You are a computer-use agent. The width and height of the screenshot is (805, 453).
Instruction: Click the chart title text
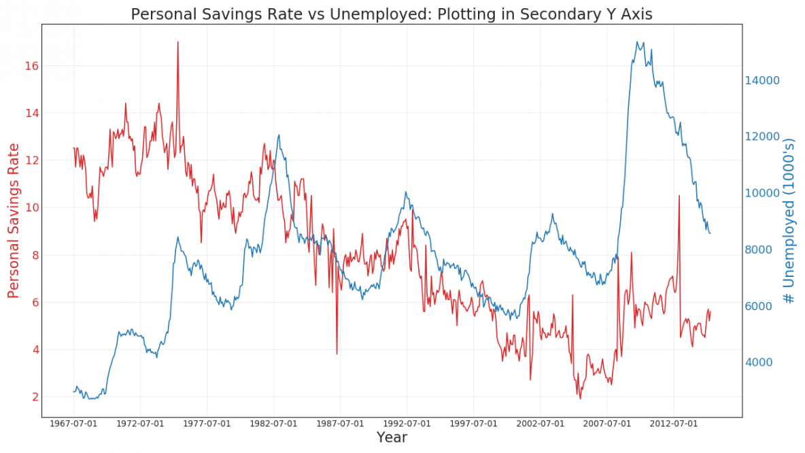(391, 14)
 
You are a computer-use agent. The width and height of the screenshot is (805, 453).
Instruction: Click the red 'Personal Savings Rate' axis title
(14, 221)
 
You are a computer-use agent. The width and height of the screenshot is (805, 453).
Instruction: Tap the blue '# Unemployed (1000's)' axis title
(789, 221)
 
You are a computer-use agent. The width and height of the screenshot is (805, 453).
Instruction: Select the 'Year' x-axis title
(392, 437)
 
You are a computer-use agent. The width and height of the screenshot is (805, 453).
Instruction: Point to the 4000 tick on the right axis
(761, 363)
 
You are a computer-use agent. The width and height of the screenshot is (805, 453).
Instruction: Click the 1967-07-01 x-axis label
(73, 424)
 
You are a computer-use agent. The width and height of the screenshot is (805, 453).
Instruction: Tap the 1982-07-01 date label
(273, 424)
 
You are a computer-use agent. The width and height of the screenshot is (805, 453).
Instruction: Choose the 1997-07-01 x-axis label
(474, 424)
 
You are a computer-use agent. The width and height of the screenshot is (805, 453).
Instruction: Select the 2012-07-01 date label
(674, 424)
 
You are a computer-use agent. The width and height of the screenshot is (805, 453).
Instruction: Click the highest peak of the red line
(178, 42)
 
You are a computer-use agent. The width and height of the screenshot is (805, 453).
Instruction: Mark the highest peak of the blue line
(637, 41)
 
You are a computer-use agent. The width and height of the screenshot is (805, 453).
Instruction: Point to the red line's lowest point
(580, 398)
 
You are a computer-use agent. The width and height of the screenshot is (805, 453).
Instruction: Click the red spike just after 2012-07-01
(679, 196)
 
